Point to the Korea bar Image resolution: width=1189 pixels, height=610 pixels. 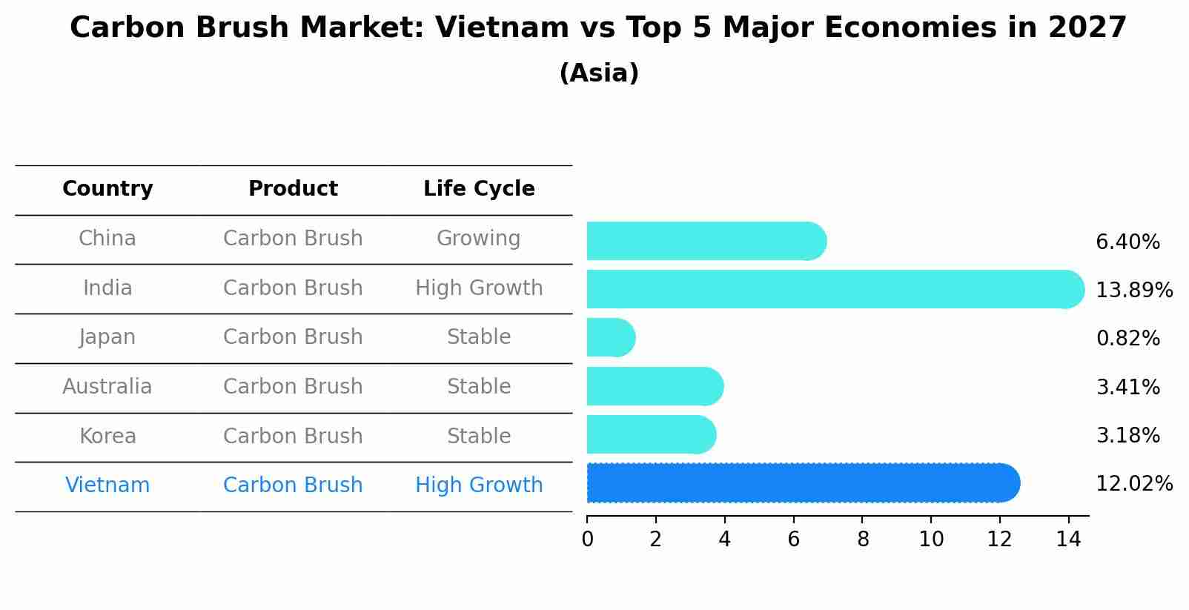coord(651,434)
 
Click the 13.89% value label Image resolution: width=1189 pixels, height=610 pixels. coord(1133,290)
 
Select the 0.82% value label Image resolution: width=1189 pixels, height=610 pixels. coord(1127,339)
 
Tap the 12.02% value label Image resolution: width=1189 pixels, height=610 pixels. coord(1133,484)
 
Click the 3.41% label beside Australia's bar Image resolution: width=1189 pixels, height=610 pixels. coord(1127,387)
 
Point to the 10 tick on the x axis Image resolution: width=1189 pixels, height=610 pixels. coord(931,540)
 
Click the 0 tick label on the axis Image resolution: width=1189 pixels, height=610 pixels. coord(587,540)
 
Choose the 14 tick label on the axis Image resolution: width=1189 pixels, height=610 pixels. coord(1068,540)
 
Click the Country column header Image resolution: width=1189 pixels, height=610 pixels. coord(107,189)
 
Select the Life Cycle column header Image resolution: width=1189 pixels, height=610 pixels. coord(479,189)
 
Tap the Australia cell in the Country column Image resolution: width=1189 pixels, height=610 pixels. coord(107,387)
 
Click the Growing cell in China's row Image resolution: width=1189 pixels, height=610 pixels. coord(479,239)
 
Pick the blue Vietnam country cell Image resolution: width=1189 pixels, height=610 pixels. coord(107,485)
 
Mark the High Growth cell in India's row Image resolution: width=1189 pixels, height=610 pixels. coord(479,288)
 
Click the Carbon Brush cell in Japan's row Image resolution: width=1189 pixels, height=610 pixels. coord(293,337)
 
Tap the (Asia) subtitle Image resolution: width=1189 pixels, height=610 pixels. coord(599,73)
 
